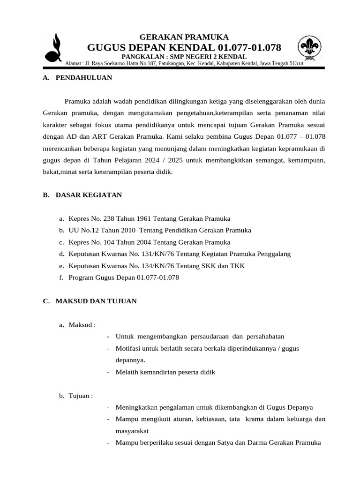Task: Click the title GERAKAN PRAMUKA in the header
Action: (184, 37)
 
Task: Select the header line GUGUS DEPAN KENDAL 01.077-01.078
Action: (184, 48)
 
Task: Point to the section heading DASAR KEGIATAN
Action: (89, 195)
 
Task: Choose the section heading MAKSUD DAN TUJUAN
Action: (96, 301)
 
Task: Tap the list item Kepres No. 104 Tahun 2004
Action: (149, 242)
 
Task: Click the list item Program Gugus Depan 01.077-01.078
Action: (124, 277)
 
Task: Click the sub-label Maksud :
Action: (82, 325)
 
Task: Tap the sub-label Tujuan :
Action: (81, 396)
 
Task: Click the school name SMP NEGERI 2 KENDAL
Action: (211, 57)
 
